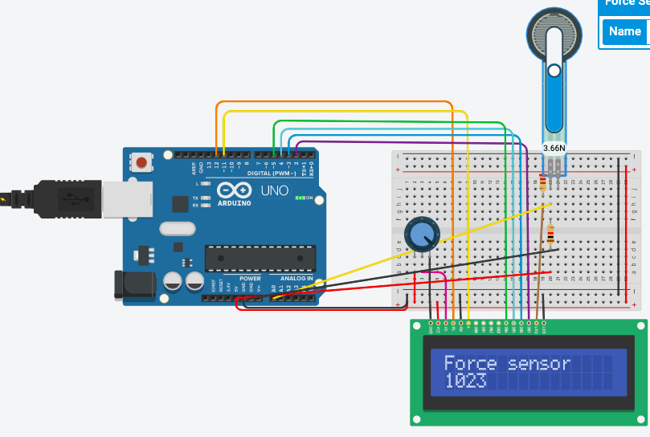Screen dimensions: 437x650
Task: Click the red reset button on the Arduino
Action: (142, 163)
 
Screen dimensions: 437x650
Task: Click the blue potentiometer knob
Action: (420, 235)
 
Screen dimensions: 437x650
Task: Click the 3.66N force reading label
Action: (554, 148)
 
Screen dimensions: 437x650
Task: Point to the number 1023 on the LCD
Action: (465, 382)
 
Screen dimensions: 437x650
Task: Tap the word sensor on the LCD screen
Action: (539, 363)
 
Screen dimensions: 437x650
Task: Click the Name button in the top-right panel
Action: (624, 31)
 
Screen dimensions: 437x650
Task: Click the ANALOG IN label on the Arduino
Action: (297, 279)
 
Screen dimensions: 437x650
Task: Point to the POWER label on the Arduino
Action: (250, 279)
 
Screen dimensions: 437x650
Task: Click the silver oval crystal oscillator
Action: (178, 229)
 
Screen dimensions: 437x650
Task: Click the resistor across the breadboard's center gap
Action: (550, 235)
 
